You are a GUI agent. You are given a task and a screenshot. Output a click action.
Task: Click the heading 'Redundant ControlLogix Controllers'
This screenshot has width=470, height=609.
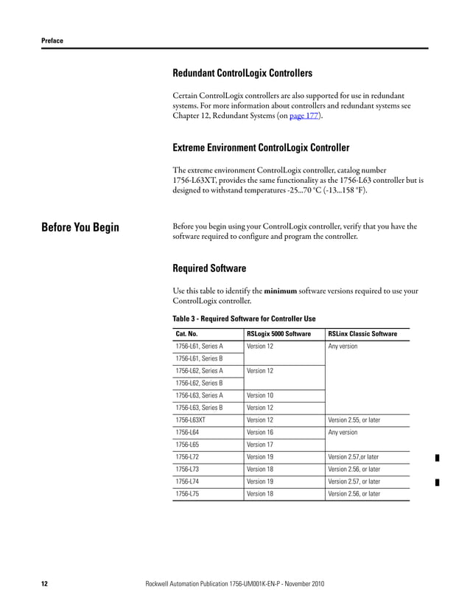click(x=242, y=73)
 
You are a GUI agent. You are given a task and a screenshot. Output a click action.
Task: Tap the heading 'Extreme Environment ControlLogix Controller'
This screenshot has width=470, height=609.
click(x=261, y=147)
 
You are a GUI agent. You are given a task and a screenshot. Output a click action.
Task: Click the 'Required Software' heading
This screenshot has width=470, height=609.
click(x=209, y=268)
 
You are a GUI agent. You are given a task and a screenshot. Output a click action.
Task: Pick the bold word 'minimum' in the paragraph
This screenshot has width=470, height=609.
click(x=280, y=291)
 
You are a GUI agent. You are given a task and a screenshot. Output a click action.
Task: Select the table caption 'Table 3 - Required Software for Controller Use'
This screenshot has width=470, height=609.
click(x=244, y=319)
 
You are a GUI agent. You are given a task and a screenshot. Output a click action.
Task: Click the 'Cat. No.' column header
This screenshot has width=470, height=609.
click(x=186, y=334)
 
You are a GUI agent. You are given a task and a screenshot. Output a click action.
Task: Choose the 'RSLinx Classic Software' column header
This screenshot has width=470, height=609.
click(x=362, y=334)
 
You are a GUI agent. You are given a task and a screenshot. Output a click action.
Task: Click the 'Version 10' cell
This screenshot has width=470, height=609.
click(x=260, y=395)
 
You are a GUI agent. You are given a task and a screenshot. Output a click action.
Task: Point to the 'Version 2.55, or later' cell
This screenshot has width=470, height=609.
click(x=354, y=420)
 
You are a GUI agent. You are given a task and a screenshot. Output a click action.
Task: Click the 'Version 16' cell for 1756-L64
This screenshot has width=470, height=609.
click(x=260, y=433)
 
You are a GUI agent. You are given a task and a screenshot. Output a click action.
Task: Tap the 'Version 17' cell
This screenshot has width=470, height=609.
click(x=260, y=445)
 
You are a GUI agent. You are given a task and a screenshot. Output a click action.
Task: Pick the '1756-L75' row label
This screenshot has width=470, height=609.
click(x=186, y=494)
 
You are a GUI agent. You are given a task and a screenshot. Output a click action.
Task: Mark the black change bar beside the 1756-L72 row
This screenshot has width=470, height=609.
click(x=437, y=458)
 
